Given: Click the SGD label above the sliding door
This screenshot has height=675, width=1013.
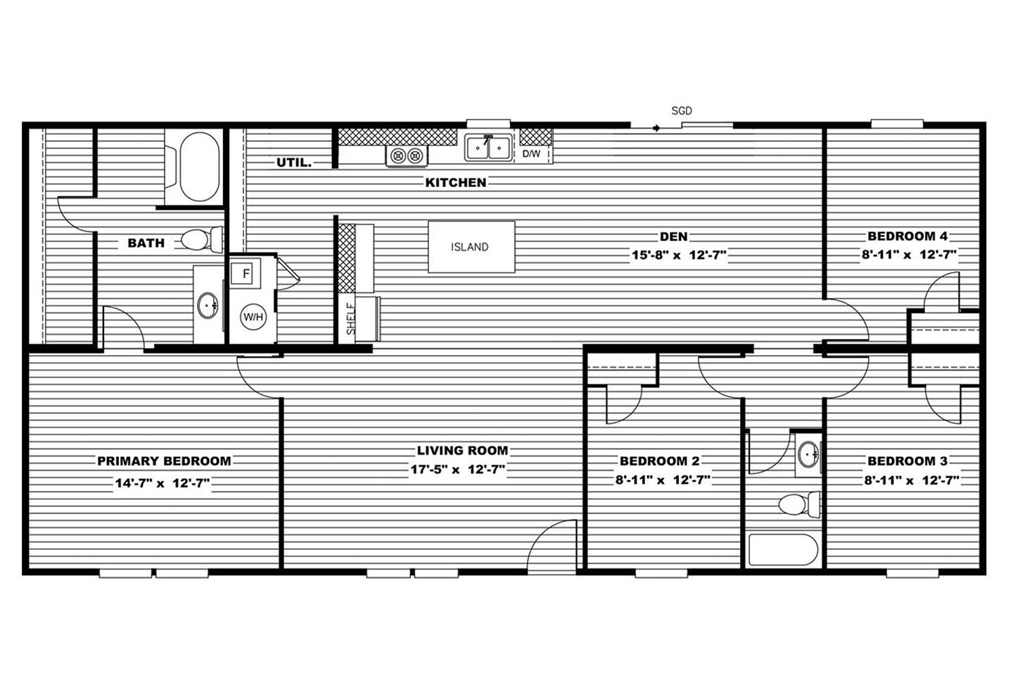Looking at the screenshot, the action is point(682,111).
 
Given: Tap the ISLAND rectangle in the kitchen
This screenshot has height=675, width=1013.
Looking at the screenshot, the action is point(471,247).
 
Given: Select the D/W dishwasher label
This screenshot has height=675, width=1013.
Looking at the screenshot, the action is point(531,154).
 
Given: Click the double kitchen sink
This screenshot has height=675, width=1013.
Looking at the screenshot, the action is point(488,147).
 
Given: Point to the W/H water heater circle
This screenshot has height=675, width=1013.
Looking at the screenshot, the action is point(253,316).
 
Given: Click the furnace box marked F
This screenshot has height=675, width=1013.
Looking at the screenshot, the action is point(245,274).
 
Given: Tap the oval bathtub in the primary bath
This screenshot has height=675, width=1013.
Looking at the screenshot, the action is point(200,167).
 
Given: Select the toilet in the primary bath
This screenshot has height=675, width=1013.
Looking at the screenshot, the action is point(202,239).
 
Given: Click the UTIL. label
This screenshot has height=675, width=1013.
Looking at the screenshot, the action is point(294,162).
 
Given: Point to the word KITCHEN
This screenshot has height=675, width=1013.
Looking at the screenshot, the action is point(456,183).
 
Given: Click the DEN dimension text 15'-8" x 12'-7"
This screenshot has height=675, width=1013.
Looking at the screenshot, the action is point(679,255).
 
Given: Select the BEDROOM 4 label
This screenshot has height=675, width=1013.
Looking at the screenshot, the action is point(907,236).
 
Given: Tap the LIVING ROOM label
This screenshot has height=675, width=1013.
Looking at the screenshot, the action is point(462,450).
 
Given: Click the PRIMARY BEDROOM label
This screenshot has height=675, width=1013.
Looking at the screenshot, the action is point(164,461).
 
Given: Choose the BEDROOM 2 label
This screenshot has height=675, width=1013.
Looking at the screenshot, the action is point(659,461).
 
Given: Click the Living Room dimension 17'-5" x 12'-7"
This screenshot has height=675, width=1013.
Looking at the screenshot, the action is point(458,469).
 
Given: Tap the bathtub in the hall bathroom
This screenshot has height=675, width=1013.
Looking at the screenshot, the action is point(783,550).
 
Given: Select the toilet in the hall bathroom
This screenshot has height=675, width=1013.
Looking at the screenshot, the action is point(800,505).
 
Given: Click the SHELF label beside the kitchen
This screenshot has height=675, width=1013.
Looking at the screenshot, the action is point(351,319).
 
